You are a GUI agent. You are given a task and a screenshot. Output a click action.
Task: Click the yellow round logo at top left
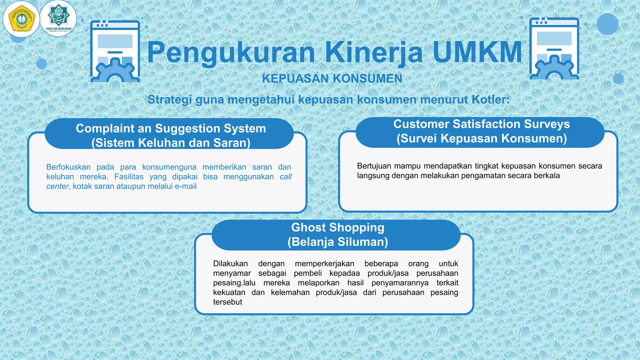tap(21, 19)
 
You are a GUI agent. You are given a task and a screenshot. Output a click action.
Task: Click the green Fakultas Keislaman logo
tap(58, 18)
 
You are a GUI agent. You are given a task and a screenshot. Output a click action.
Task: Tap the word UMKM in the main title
tap(477, 52)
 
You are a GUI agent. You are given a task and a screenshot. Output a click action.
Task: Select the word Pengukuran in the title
tap(231, 53)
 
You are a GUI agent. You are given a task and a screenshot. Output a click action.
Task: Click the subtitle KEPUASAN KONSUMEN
tap(332, 78)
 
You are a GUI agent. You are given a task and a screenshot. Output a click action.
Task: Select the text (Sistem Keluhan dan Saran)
tap(171, 143)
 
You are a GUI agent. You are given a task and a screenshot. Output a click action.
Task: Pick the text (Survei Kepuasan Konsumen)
tap(482, 138)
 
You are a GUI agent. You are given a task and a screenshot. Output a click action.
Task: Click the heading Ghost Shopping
tap(337, 227)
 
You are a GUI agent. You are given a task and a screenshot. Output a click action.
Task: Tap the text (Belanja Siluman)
tap(337, 242)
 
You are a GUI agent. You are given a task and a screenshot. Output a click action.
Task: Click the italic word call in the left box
tap(285, 177)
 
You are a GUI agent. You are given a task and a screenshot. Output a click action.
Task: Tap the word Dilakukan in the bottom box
tap(230, 264)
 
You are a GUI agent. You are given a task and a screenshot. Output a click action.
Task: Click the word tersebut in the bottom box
tap(227, 302)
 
